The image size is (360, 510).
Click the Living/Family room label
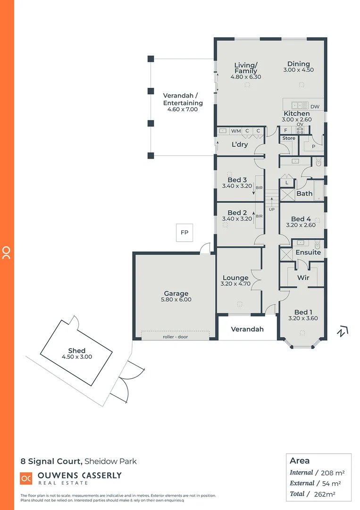[x=246, y=68]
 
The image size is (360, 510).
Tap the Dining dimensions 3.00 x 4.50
[x=298, y=70]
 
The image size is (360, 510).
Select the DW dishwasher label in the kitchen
[x=315, y=107]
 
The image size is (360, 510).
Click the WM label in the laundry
[x=236, y=131]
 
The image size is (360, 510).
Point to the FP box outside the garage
[x=184, y=232]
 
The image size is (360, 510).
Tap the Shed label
[x=76, y=350]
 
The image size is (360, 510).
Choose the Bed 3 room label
[x=237, y=180]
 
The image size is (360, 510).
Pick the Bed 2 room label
[x=237, y=212]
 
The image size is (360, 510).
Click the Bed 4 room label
[x=301, y=219]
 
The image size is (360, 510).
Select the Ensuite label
[x=308, y=252]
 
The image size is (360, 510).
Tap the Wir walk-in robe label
[x=303, y=278]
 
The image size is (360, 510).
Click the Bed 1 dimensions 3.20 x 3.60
[x=303, y=318]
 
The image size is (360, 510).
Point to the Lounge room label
[x=235, y=278]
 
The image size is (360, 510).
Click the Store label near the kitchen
[x=289, y=138]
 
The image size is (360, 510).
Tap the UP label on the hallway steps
[x=271, y=209]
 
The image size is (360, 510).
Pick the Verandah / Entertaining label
[x=183, y=99]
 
